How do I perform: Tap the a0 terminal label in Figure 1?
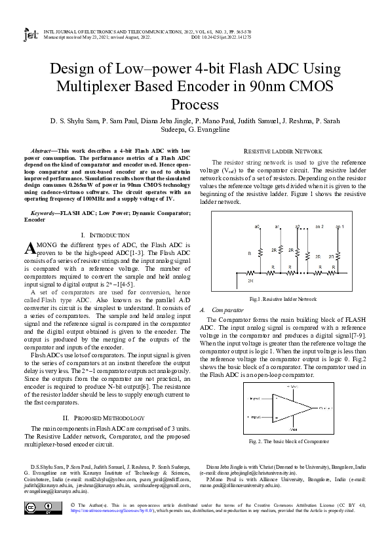(257, 226)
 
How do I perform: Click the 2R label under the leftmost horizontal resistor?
(250, 280)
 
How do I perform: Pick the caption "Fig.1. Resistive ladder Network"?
(283, 298)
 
